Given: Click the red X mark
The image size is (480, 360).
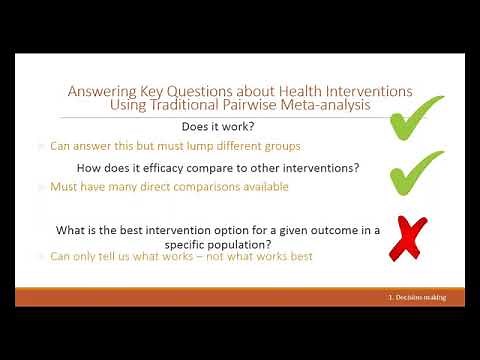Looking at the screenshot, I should pyautogui.click(x=407, y=239).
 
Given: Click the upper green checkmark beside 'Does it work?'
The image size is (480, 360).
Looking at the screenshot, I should pyautogui.click(x=415, y=118).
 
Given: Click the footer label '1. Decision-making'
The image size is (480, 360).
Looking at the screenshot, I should pyautogui.click(x=417, y=298).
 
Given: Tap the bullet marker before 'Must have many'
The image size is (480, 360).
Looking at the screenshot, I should pyautogui.click(x=41, y=187).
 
